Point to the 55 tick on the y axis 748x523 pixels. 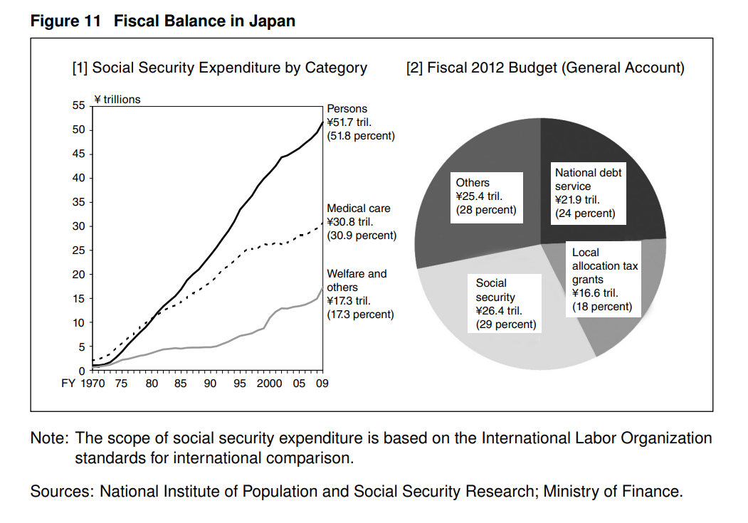click(78, 105)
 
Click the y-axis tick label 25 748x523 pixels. click(78, 250)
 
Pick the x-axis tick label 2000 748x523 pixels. click(270, 384)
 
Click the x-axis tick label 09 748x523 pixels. click(322, 384)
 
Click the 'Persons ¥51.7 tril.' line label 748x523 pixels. click(359, 122)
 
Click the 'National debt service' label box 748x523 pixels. click(588, 192)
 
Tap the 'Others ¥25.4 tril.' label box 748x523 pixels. click(486, 196)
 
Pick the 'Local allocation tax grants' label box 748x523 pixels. click(605, 280)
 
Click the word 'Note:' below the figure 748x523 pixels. click(49, 438)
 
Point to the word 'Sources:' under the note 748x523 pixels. click(61, 491)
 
